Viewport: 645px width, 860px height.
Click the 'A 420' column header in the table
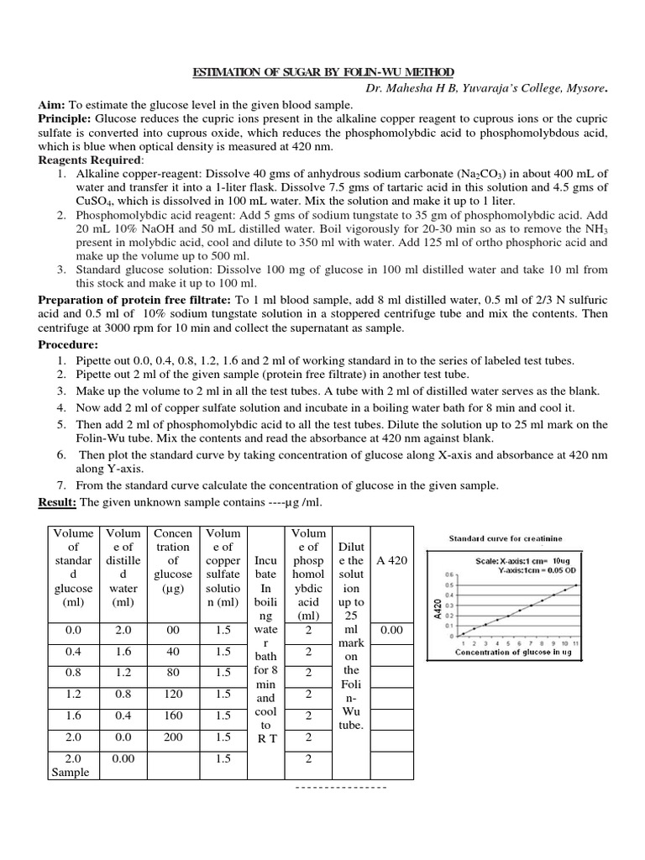click(x=392, y=560)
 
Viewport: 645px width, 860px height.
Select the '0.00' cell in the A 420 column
click(x=392, y=630)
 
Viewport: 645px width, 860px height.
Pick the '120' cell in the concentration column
click(x=173, y=695)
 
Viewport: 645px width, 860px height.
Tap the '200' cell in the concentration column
click(x=173, y=738)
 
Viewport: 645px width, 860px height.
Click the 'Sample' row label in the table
click(x=70, y=773)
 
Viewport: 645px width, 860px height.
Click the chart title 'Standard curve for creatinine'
click(x=506, y=538)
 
